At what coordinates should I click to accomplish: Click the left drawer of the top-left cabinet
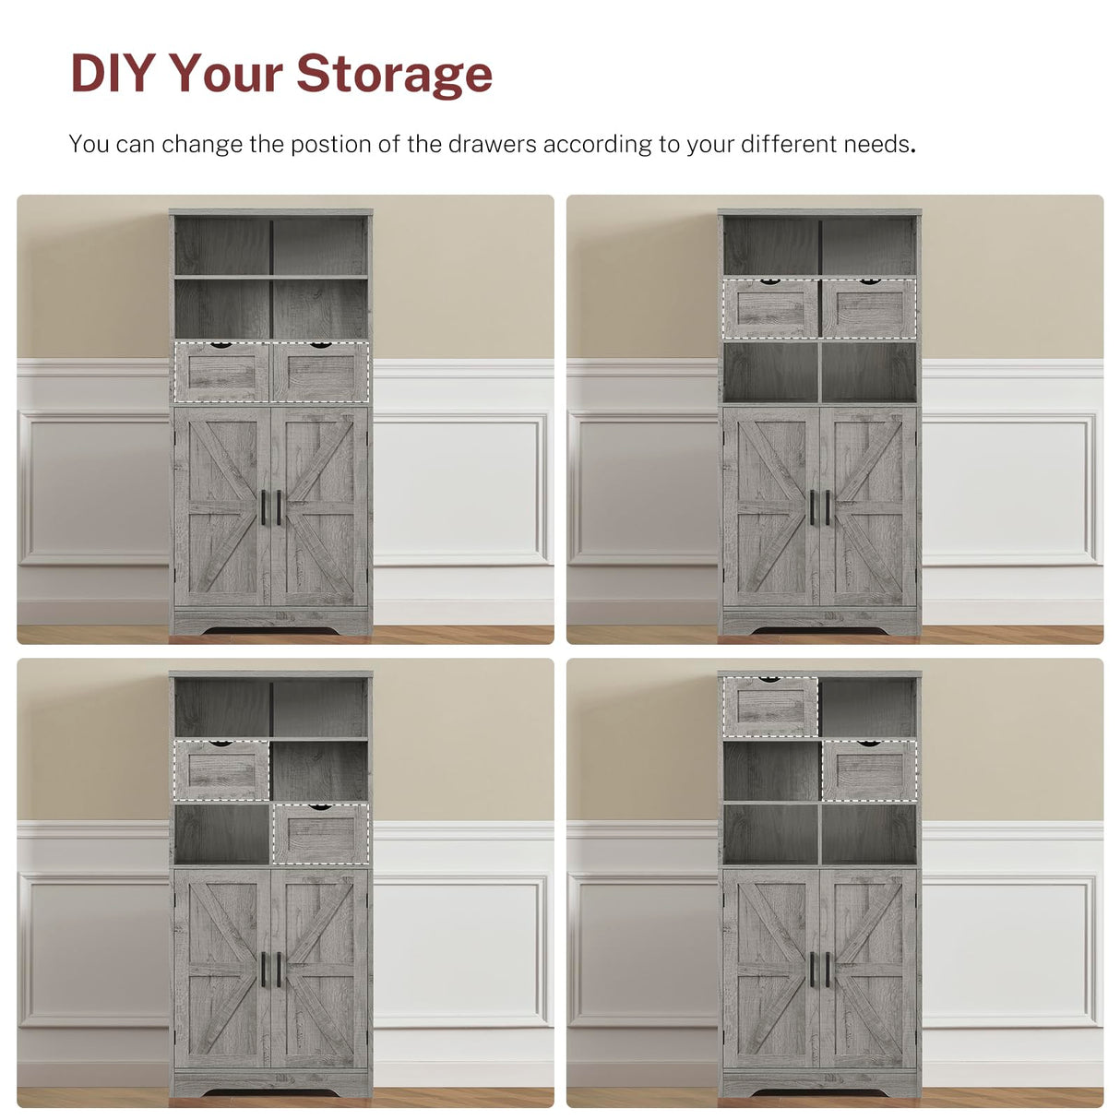pyautogui.click(x=222, y=373)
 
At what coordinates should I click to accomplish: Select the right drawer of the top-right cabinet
pyautogui.click(x=868, y=309)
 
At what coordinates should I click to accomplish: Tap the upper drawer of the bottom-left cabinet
pyautogui.click(x=222, y=771)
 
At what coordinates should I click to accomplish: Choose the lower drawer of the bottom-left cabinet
pyautogui.click(x=320, y=834)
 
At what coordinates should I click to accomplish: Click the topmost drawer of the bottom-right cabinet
pyautogui.click(x=770, y=708)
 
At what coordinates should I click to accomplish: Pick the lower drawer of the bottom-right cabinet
pyautogui.click(x=868, y=770)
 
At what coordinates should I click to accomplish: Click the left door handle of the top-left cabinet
pyautogui.click(x=265, y=507)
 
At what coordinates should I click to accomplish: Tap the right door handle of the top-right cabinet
pyautogui.click(x=827, y=507)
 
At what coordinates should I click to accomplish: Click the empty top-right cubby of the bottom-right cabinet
pyautogui.click(x=868, y=708)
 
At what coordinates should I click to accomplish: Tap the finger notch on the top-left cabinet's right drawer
pyautogui.click(x=320, y=346)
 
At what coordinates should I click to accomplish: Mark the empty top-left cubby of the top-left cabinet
pyautogui.click(x=222, y=246)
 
